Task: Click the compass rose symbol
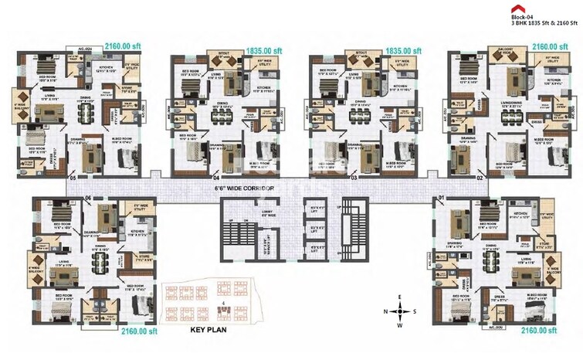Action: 399,311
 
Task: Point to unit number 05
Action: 73,178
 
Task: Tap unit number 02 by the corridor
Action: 480,178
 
